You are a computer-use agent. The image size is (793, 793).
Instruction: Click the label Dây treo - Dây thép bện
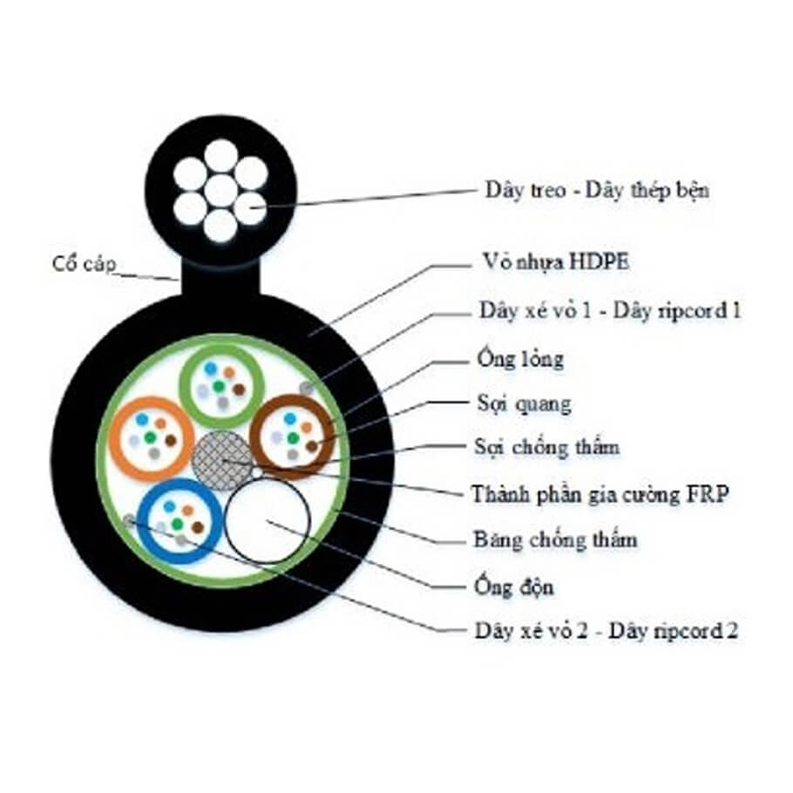[x=596, y=191]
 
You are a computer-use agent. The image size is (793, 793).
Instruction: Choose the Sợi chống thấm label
[x=545, y=448]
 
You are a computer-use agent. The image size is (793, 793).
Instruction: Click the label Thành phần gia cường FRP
[x=600, y=494]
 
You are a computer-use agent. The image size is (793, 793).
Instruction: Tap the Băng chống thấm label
[x=555, y=539]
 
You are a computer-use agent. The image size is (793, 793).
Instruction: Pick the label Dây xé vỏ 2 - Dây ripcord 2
[x=607, y=631]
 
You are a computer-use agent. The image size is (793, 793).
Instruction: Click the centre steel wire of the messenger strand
[x=220, y=189]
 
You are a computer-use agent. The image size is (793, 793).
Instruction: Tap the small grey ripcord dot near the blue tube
[x=130, y=520]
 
